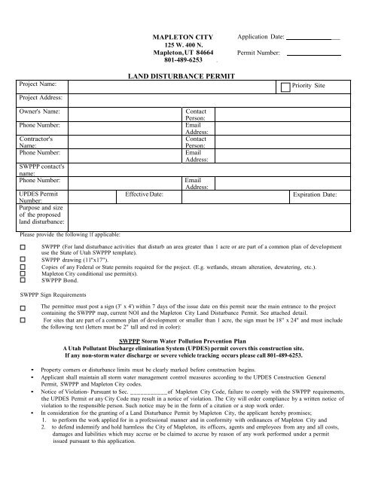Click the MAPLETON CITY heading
click(x=184, y=36)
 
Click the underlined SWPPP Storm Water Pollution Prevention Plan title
click(x=183, y=340)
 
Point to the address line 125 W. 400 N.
click(x=184, y=45)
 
